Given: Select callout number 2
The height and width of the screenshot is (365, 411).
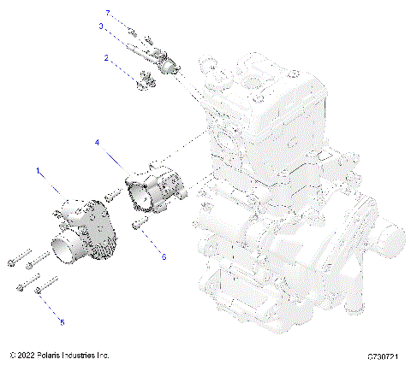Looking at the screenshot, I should click(x=106, y=58).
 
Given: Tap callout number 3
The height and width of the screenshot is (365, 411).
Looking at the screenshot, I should click(x=100, y=26).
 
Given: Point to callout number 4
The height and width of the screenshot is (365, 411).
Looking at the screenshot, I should click(x=97, y=142).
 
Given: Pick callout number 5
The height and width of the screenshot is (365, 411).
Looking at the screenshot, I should click(x=61, y=322).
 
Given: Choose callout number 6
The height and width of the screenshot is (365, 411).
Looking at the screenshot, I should click(x=164, y=254).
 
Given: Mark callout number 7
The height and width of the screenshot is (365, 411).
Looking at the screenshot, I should click(x=108, y=13).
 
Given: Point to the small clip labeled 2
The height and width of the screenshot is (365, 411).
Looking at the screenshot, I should click(x=143, y=81).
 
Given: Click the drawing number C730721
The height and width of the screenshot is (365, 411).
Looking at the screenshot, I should click(x=384, y=355).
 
